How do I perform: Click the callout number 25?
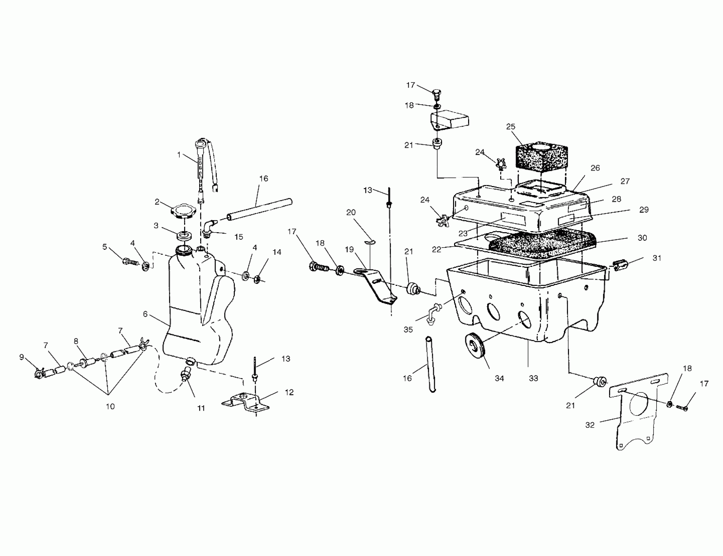tap(511, 127)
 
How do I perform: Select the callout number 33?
tap(533, 378)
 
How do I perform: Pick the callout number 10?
tap(110, 406)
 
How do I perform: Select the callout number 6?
tap(145, 314)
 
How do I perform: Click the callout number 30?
tap(642, 238)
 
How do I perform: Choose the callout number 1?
tap(179, 155)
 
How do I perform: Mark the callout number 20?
tap(351, 212)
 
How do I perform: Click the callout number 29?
tap(644, 210)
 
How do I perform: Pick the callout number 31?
tap(657, 258)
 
